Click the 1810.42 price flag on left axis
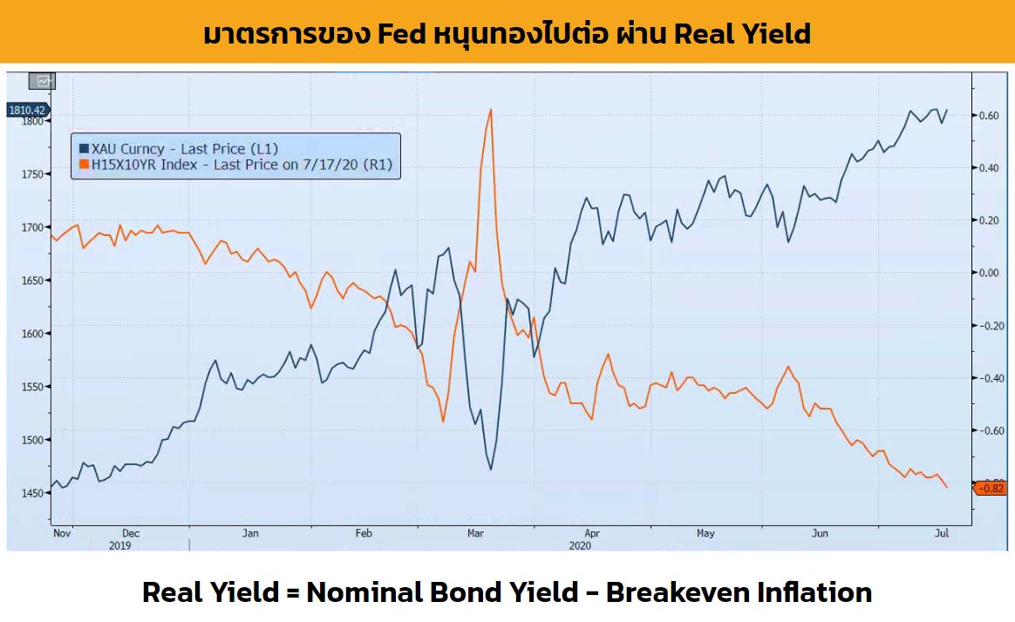(26, 111)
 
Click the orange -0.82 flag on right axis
(991, 488)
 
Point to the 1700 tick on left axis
(31, 227)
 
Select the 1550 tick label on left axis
(31, 387)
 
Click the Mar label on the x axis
(475, 533)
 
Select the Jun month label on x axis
(820, 533)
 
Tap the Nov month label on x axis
(61, 533)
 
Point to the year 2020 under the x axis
(581, 545)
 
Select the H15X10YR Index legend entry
(235, 164)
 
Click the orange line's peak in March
(491, 110)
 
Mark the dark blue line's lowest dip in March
(491, 470)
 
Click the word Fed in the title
(403, 33)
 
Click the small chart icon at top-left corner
(41, 81)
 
